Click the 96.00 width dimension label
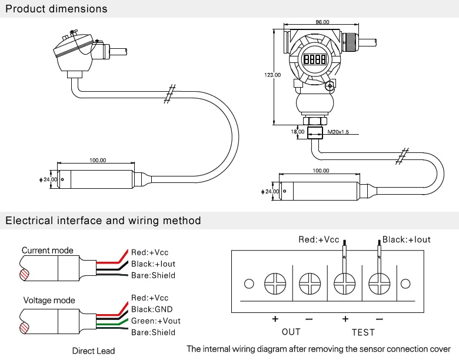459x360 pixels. click(322, 22)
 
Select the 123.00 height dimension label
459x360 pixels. click(272, 75)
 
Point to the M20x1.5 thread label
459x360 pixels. click(338, 132)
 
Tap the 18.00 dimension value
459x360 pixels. click(298, 132)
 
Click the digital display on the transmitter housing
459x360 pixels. click(315, 59)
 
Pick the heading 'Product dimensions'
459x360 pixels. click(56, 9)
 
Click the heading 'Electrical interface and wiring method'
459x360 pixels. click(103, 221)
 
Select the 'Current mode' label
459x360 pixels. click(48, 251)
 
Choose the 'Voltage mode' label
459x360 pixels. click(49, 301)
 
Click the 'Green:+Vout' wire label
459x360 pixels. click(155, 321)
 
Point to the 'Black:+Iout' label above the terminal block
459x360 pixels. click(406, 239)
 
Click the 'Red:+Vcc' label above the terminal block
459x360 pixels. click(319, 239)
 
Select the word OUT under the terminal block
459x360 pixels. click(291, 332)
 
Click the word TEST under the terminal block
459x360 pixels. click(362, 332)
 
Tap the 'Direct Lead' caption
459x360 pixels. click(94, 351)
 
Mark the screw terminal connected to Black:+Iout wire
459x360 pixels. click(380, 284)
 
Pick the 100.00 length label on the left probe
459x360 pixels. click(98, 160)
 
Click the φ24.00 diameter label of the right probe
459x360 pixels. click(270, 191)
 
